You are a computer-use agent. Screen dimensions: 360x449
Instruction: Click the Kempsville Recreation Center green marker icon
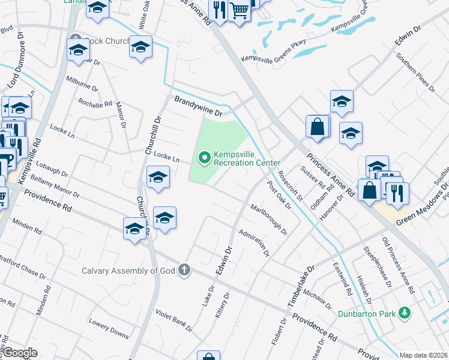tap(204, 158)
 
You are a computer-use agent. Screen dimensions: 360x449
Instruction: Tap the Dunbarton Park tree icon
tap(405, 313)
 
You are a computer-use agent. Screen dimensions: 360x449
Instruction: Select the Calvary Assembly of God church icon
tap(184, 271)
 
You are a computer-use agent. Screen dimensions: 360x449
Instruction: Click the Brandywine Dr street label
tap(199, 106)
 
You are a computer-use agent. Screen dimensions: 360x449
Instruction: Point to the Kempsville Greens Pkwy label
tap(273, 50)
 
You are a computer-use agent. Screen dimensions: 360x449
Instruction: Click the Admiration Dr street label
tap(253, 242)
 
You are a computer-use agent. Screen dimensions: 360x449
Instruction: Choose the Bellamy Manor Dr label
tap(55, 186)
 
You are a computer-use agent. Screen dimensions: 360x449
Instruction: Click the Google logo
tap(20, 353)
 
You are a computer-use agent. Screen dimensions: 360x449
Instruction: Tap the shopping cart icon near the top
tap(239, 11)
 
